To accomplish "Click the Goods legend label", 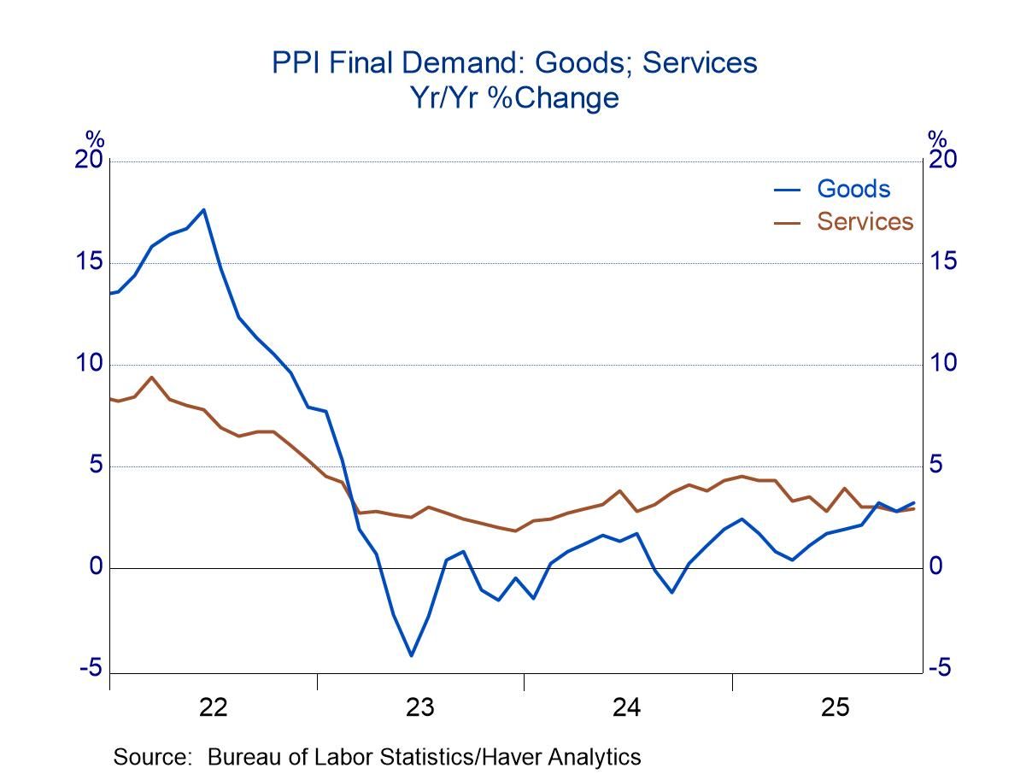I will (853, 189).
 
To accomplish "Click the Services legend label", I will (865, 221).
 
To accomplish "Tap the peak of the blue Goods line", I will (203, 209).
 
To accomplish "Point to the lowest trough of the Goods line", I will (411, 655).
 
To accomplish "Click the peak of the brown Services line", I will (151, 377).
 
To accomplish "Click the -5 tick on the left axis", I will (91, 669).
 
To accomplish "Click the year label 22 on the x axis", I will (213, 707).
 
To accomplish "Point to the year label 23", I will (419, 707).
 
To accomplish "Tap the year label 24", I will (627, 707).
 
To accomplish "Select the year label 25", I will (835, 707).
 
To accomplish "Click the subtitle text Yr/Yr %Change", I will (514, 98).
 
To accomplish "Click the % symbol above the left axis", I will (94, 138).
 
